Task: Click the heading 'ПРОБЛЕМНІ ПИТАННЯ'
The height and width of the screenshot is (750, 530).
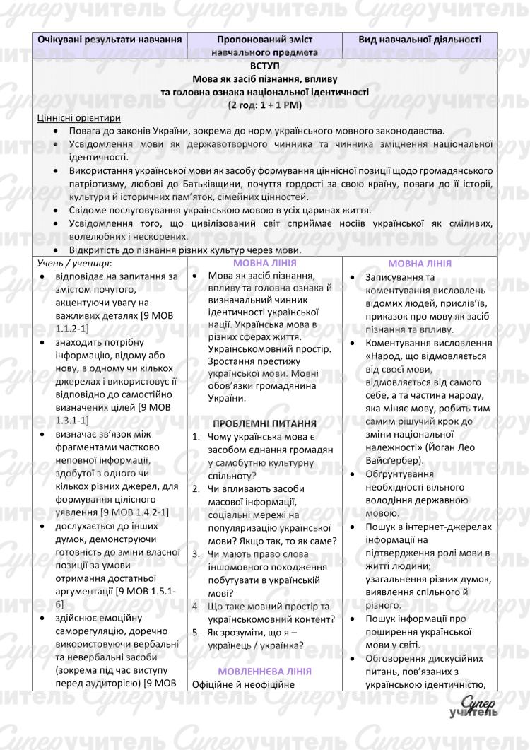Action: point(264,423)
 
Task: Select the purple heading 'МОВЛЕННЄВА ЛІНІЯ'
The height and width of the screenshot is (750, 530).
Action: point(264,670)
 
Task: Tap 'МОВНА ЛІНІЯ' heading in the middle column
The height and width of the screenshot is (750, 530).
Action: point(264,263)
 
